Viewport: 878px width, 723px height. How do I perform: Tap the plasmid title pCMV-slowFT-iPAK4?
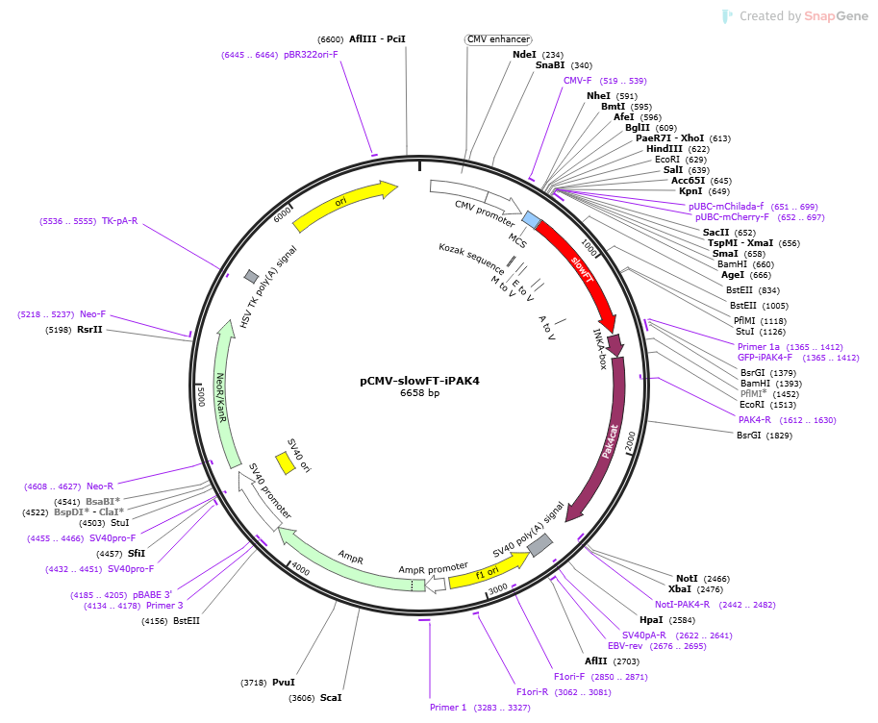419,381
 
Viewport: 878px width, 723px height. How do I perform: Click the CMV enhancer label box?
498,39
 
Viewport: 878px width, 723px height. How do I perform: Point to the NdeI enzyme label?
524,55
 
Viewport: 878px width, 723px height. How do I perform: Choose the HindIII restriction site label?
665,148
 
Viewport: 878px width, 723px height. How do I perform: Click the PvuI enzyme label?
284,682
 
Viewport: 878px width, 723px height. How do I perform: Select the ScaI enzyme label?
331,697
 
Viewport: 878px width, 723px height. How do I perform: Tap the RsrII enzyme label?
89,330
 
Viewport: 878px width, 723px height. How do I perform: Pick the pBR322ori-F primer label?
311,55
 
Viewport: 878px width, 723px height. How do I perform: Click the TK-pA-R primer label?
120,221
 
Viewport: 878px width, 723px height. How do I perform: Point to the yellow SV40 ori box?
285,463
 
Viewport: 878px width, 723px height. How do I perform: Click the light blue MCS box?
530,219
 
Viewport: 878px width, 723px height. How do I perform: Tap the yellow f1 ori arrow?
489,570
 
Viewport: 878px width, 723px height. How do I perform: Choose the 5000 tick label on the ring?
202,396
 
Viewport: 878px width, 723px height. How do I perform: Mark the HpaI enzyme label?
651,619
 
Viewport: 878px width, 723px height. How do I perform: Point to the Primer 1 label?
448,708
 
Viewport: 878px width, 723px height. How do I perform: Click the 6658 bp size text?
419,393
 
